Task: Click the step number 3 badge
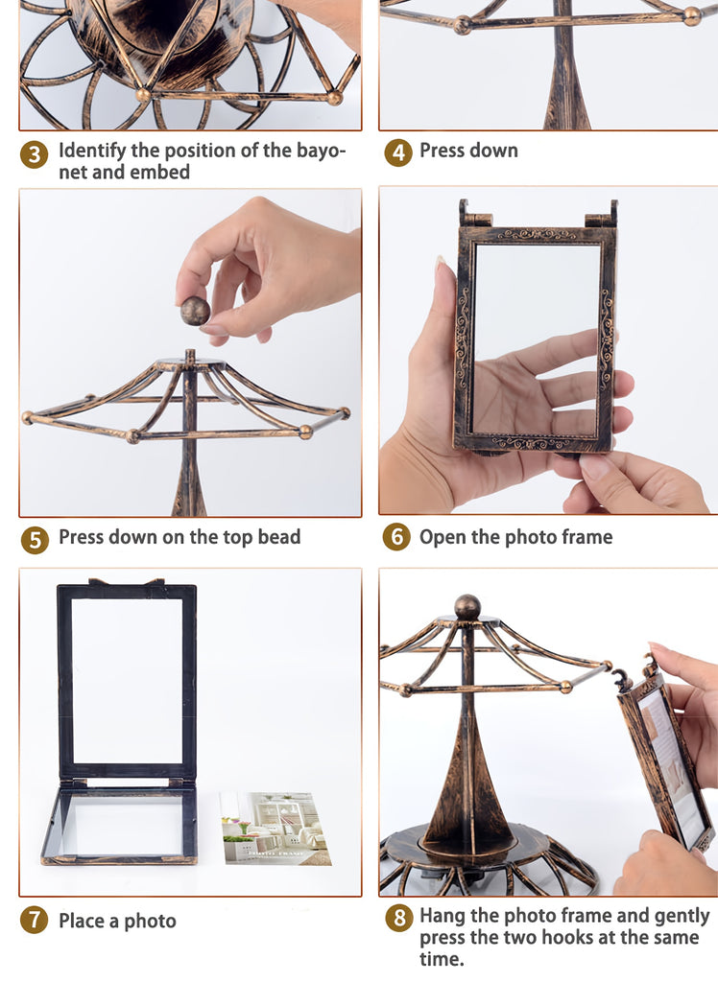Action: tap(34, 155)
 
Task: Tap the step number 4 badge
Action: tap(398, 152)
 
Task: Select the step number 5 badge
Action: tap(35, 540)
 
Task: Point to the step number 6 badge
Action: tap(396, 537)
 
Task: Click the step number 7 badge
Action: tap(34, 920)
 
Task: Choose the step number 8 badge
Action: tap(398, 918)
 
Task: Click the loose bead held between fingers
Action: tap(195, 312)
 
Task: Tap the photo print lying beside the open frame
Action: tap(275, 828)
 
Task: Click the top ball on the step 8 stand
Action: tap(467, 607)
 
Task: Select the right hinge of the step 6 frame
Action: tap(602, 214)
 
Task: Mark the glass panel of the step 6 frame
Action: tap(537, 339)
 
